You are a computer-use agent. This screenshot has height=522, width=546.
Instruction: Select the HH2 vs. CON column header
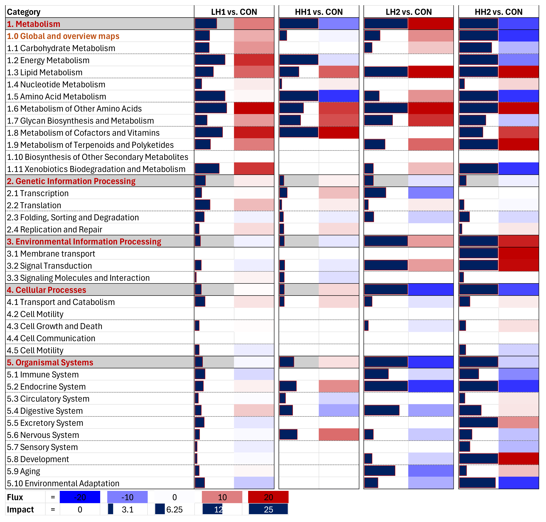point(498,12)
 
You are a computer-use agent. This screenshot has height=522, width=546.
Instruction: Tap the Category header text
point(24,12)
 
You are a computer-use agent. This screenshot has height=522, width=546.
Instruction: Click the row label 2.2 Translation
point(34,205)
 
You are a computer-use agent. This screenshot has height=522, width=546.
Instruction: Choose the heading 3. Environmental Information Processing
point(84,242)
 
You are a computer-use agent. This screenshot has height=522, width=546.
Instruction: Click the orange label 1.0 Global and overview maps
point(63,36)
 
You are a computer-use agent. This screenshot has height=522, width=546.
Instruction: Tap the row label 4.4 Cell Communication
point(51,338)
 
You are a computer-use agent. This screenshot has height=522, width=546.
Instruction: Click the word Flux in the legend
point(15,497)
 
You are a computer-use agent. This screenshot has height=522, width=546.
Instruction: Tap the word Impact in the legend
point(20,509)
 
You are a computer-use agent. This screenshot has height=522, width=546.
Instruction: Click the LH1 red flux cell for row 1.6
point(254,108)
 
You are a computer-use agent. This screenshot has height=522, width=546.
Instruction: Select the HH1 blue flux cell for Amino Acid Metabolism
point(339,96)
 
